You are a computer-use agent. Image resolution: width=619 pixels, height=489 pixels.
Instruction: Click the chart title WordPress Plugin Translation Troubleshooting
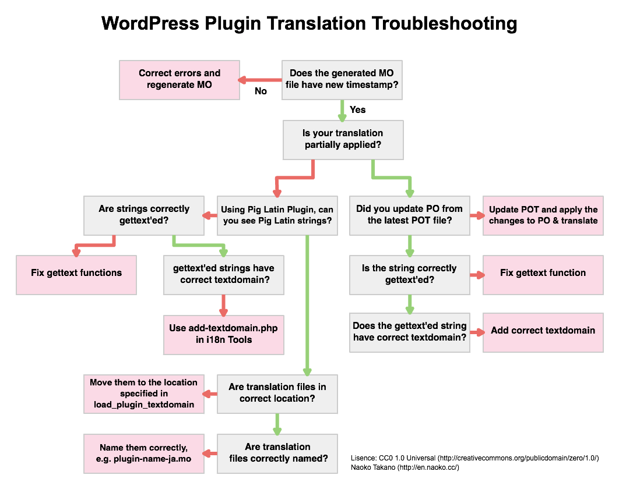click(x=309, y=24)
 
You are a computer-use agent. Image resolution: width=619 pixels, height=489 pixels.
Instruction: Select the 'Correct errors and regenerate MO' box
click(x=180, y=79)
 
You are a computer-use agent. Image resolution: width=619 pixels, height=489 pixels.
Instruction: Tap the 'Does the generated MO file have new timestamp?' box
click(x=342, y=79)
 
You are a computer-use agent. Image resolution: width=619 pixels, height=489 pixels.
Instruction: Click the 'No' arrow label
click(x=261, y=91)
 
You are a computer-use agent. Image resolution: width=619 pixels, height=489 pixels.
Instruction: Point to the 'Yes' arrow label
click(x=357, y=109)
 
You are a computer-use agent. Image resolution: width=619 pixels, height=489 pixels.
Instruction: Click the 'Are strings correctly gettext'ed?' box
click(x=143, y=215)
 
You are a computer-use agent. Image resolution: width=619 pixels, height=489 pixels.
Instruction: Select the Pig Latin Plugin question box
click(x=277, y=215)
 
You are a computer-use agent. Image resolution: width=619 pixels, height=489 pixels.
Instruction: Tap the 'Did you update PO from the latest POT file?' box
click(x=409, y=215)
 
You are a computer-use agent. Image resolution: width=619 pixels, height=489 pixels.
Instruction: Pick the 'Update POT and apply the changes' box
click(x=543, y=215)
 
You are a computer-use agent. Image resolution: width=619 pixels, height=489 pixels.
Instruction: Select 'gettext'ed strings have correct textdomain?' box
click(x=224, y=274)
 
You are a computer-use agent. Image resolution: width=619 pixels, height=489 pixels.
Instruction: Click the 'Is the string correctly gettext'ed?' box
click(x=409, y=274)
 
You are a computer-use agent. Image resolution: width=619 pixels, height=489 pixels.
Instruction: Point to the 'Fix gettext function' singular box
click(x=543, y=273)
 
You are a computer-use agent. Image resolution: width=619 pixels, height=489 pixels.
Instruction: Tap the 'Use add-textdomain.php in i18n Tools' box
click(x=224, y=334)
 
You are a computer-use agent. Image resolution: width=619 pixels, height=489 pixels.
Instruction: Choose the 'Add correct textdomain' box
click(x=543, y=331)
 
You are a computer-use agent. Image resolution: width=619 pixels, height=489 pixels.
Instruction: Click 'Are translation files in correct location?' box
click(x=277, y=393)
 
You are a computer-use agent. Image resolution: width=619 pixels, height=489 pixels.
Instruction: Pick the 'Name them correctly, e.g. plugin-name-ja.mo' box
click(x=143, y=453)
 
